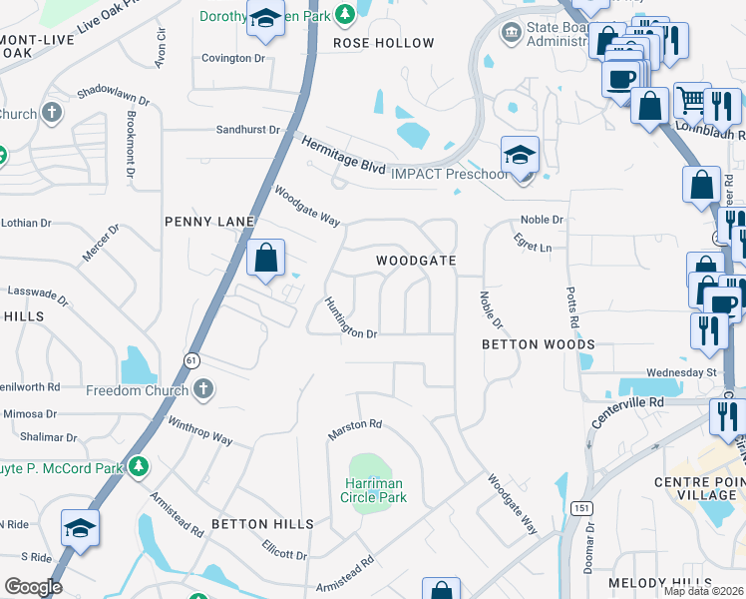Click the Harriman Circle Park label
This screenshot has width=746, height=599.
click(369, 490)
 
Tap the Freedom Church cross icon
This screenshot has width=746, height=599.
click(203, 389)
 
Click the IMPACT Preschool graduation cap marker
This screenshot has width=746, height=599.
click(520, 156)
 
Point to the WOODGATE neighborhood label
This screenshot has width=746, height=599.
click(416, 261)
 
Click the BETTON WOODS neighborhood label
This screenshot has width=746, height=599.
click(539, 344)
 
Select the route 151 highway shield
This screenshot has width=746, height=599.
click(581, 508)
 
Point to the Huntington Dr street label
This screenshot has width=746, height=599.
click(350, 319)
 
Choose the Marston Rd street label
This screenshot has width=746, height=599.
click(355, 429)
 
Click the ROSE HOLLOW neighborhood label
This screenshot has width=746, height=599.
click(384, 43)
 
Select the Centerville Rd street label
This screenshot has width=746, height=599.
click(627, 412)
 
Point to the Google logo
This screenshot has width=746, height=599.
click(33, 586)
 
